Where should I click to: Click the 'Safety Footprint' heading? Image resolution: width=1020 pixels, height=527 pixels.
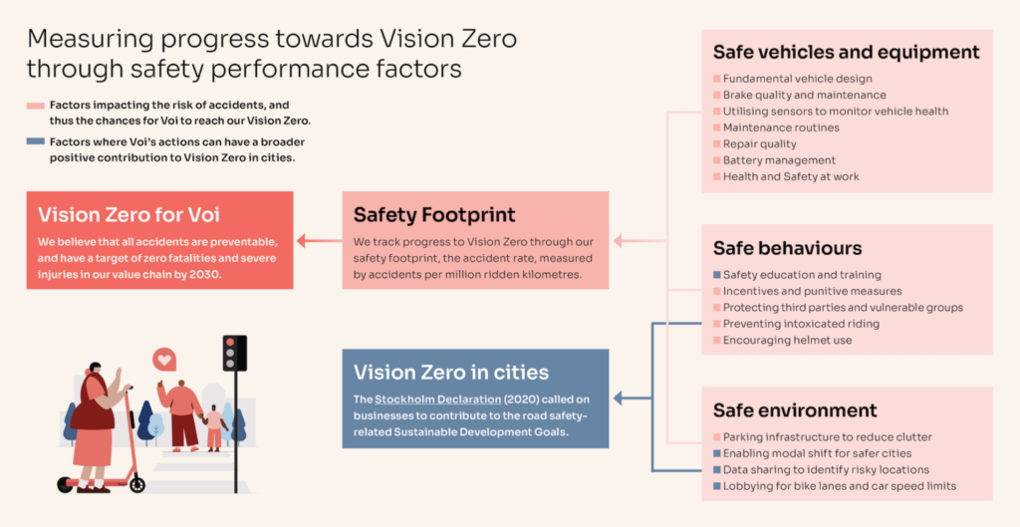434,214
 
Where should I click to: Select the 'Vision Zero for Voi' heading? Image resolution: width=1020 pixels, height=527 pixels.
128,214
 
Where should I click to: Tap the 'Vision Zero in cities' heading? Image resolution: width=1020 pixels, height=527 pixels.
451,373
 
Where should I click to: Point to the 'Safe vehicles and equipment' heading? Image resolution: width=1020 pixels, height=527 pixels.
847,53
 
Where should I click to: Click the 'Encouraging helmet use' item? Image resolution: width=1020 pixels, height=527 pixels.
787,341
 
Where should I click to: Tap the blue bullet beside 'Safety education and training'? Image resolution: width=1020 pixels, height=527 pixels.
716,275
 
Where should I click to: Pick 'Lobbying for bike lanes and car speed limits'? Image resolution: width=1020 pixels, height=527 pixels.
839,486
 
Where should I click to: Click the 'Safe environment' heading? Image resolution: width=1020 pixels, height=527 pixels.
795,410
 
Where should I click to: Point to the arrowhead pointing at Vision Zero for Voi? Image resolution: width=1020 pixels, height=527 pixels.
301,240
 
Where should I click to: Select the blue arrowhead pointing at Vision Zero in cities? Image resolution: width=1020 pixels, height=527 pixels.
618,398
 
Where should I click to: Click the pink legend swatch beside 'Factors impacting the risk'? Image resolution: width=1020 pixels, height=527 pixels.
36,105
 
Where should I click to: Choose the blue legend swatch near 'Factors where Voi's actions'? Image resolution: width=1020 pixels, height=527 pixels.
36,141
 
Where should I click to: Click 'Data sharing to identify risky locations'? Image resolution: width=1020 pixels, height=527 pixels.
826,469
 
